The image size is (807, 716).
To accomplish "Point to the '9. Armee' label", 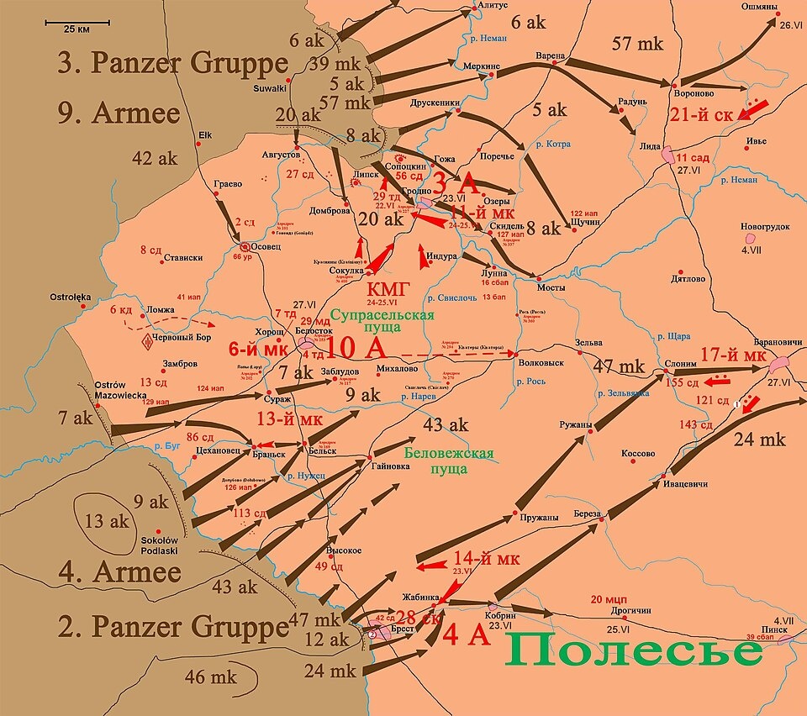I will tap(122, 109).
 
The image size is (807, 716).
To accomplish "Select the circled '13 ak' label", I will tap(107, 521).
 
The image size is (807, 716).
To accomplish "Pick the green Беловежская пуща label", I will tap(449, 461).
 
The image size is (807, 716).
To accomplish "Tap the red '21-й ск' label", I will tap(704, 114).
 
